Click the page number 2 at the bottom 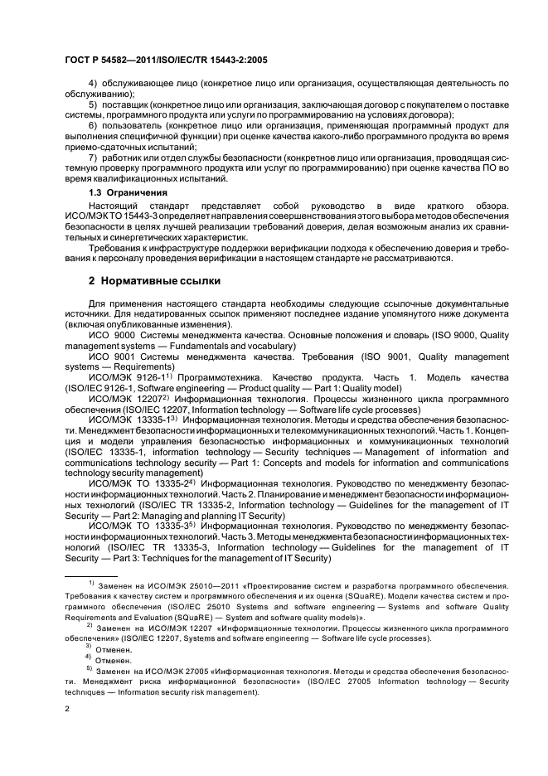67,709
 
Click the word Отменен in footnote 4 114,660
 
